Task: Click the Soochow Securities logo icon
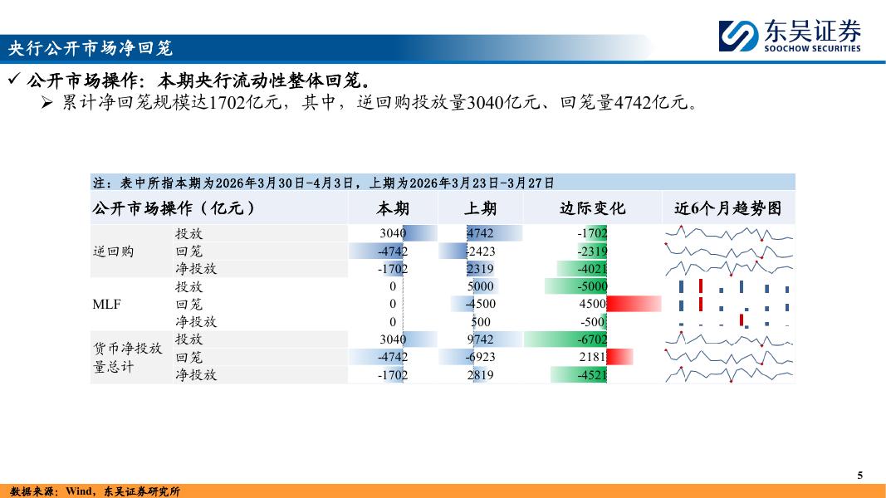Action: pos(738,36)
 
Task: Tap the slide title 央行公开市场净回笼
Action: pos(90,48)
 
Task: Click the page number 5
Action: pos(860,475)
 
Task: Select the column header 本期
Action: pos(393,209)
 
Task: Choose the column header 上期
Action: pos(480,209)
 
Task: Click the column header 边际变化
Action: pos(592,209)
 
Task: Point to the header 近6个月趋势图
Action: pos(727,209)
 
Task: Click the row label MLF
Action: pos(107,305)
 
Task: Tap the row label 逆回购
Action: pos(114,251)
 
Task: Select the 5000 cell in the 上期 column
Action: pos(480,286)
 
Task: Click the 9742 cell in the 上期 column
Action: pos(480,339)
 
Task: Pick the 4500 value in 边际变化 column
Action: pos(593,304)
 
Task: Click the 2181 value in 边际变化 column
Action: pos(593,357)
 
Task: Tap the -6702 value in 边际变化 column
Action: pos(592,339)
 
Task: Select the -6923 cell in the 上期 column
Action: pos(480,357)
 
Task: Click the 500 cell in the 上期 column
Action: pos(481,322)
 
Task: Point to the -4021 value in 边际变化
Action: pos(592,269)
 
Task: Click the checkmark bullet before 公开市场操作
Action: pos(14,79)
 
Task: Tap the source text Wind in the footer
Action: pos(79,491)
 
